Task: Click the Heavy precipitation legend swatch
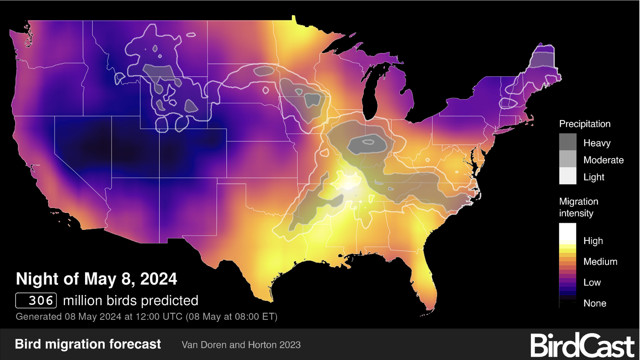pyautogui.click(x=568, y=142)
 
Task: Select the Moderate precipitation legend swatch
pyautogui.click(x=568, y=159)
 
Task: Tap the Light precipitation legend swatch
pyautogui.click(x=568, y=176)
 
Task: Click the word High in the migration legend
pyautogui.click(x=593, y=241)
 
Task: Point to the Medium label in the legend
pyautogui.click(x=600, y=262)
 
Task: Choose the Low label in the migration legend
pyautogui.click(x=592, y=282)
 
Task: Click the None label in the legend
pyautogui.click(x=595, y=303)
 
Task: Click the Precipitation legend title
pyautogui.click(x=585, y=124)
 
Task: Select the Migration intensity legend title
pyautogui.click(x=578, y=207)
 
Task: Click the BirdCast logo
pyautogui.click(x=582, y=345)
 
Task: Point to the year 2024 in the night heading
pyautogui.click(x=159, y=279)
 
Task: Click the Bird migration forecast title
pyautogui.click(x=88, y=344)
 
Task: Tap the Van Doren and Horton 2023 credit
pyautogui.click(x=241, y=345)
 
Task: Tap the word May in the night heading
pyautogui.click(x=99, y=279)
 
